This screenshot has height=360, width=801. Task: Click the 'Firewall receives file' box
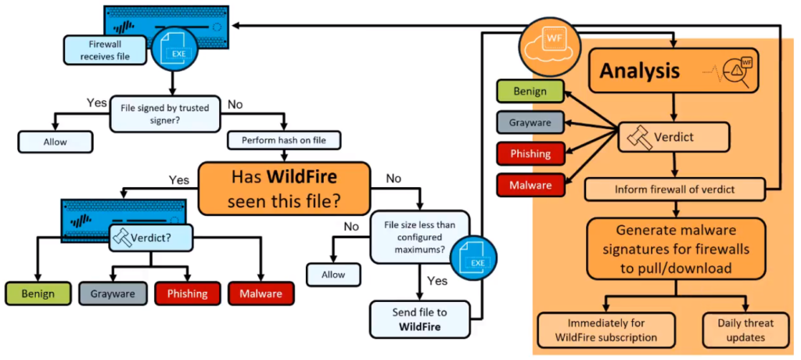(x=102, y=50)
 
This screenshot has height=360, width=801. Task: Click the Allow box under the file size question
(x=334, y=275)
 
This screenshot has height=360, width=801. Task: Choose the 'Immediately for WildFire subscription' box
(x=605, y=329)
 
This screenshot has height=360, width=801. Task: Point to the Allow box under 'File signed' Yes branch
(x=56, y=141)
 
